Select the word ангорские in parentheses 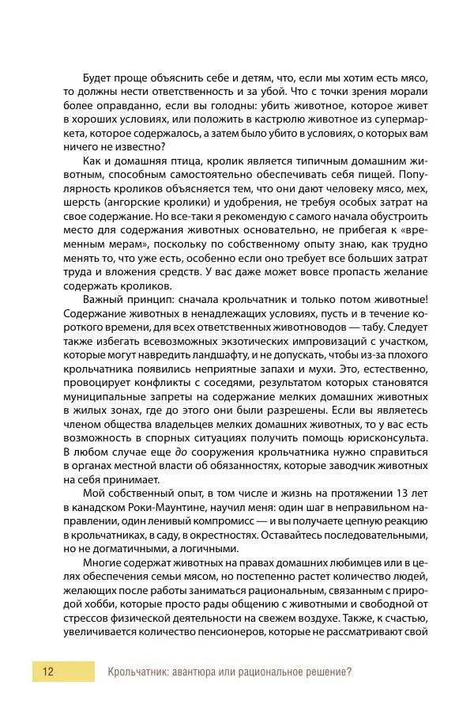coord(124,202)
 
